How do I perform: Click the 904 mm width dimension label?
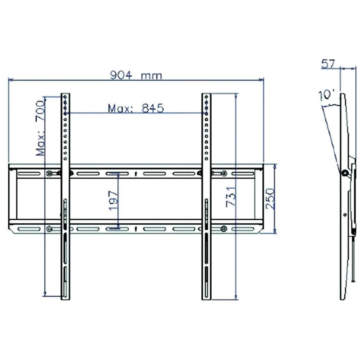136,75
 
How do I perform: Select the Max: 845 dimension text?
136,108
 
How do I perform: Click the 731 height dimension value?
231,197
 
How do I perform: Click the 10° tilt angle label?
326,96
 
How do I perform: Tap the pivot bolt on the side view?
345,173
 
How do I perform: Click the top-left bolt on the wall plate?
49,174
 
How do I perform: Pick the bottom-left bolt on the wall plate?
49,228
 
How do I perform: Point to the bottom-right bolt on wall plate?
224,228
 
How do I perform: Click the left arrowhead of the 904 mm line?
10,80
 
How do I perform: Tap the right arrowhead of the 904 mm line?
262,80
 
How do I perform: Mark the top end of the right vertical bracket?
206,94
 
